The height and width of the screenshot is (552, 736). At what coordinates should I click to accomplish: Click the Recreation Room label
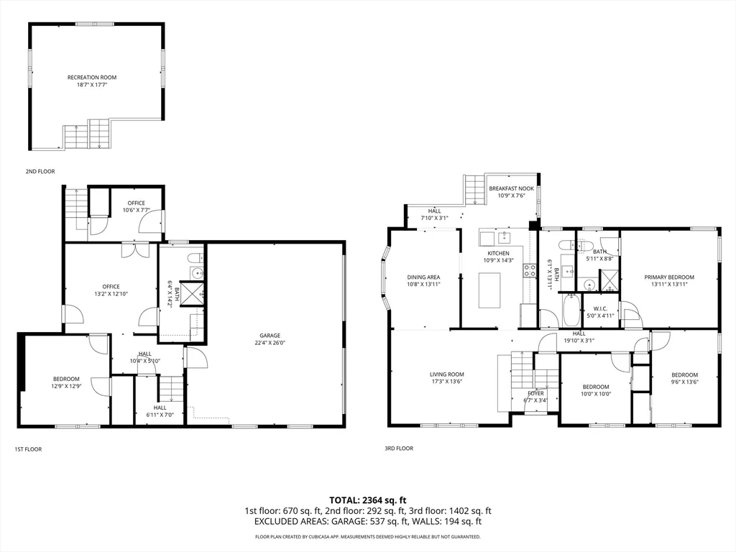pos(92,78)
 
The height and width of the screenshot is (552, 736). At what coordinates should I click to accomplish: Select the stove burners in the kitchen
pos(529,270)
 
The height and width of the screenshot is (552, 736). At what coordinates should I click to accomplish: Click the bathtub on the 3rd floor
pos(571,310)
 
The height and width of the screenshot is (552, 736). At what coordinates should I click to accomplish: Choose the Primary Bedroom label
pos(669,277)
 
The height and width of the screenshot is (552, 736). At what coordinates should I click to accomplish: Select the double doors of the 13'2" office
pos(135,249)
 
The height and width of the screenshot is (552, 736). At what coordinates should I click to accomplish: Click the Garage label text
pos(270,335)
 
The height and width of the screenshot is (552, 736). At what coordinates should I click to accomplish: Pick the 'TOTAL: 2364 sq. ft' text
pos(368,500)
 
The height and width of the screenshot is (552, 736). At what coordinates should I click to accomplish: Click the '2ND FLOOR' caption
pos(40,172)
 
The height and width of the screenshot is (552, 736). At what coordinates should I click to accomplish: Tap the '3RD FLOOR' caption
pos(399,448)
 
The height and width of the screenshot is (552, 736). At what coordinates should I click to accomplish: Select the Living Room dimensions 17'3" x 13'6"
pos(447,382)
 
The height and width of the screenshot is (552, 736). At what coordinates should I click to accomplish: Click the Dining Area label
pos(423,277)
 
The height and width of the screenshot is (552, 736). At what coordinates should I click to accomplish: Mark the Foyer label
pos(536,393)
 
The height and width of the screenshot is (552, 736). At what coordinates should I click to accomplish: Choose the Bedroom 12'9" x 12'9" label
pos(66,379)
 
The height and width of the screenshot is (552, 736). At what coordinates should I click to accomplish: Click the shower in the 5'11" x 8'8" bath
pos(609,280)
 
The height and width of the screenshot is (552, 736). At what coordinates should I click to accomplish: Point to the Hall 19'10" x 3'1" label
pos(579,333)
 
